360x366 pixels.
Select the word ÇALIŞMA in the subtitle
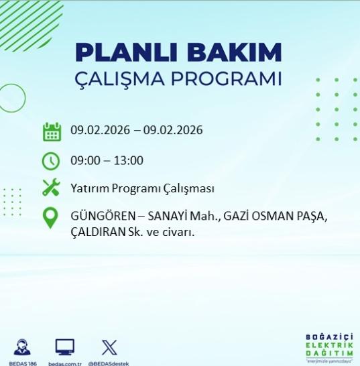127,79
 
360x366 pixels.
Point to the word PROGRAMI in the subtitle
232,78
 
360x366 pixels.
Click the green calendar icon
52,131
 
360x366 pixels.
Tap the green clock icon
52,161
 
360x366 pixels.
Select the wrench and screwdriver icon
52,188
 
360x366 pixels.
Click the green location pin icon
51,219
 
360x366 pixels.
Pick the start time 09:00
84,161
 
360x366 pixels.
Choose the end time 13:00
129,161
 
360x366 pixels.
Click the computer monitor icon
65,347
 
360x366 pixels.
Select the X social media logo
109,347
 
